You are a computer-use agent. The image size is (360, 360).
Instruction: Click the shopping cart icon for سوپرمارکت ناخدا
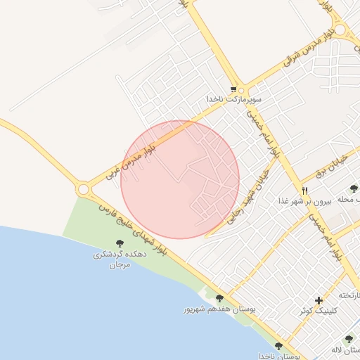pos(243,89)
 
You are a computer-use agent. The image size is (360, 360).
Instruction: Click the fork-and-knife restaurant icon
pos(304,191)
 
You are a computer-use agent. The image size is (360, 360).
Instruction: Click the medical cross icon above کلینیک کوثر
pos(319,300)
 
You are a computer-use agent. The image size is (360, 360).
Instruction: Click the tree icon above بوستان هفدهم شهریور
pos(219,299)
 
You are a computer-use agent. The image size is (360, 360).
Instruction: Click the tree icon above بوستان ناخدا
pos(279,346)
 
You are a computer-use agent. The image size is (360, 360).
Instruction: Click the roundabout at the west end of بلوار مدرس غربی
pos(84,189)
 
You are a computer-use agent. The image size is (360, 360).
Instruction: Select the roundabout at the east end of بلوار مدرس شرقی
pos(342,30)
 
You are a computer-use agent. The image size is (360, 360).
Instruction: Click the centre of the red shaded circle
pos(180,179)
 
